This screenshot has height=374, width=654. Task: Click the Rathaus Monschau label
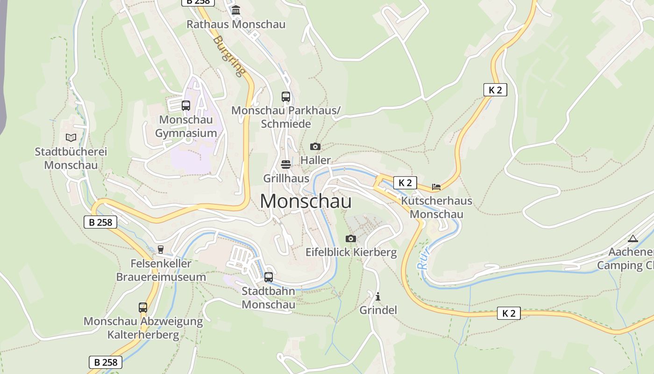[236, 24]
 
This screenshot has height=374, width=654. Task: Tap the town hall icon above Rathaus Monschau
[236, 10]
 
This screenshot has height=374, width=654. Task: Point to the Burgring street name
[229, 56]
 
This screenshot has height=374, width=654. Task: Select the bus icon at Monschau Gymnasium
[186, 105]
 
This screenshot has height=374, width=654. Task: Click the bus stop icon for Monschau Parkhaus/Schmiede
[286, 97]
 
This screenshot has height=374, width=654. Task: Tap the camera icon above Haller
[315, 147]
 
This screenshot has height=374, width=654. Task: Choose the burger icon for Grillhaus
[286, 165]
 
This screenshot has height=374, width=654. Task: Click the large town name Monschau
[306, 201]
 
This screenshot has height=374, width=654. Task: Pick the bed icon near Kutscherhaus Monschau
[436, 187]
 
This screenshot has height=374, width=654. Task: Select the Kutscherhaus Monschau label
[437, 208]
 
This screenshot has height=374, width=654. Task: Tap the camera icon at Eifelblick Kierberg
[351, 239]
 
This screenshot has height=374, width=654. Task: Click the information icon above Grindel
[378, 296]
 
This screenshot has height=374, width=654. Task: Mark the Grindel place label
[378, 310]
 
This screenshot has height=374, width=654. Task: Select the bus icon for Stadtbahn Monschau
[269, 277]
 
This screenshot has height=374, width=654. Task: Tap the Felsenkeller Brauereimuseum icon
[161, 250]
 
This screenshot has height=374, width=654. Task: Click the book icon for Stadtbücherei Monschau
[71, 137]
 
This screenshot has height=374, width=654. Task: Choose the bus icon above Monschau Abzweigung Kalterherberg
[143, 308]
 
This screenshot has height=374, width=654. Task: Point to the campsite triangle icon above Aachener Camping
[633, 239]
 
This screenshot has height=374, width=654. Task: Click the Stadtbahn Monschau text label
[268, 298]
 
